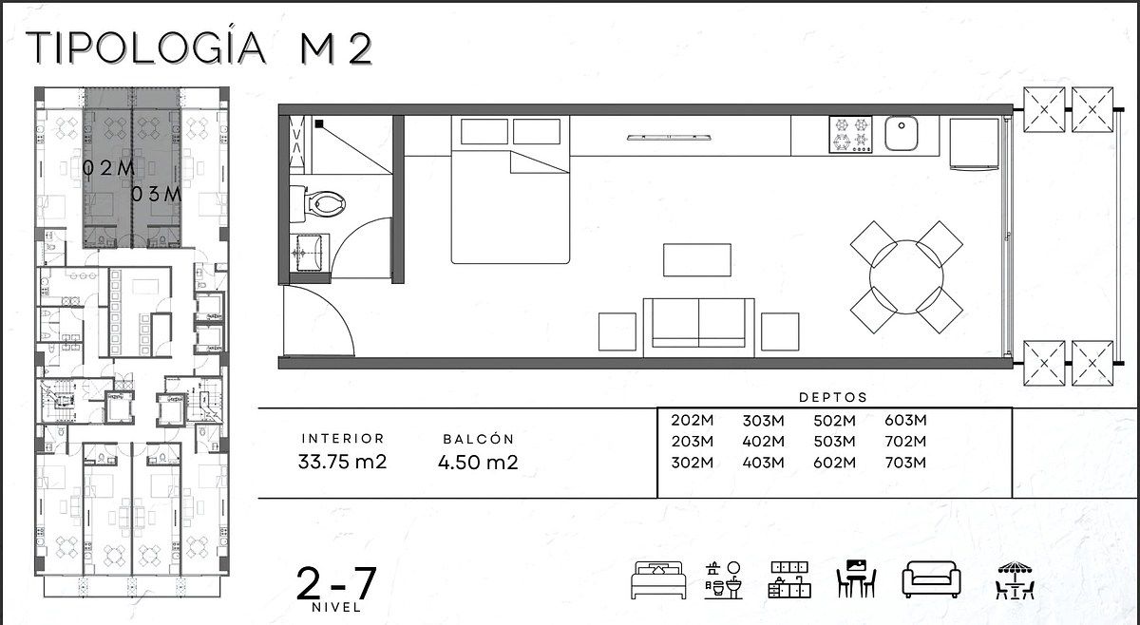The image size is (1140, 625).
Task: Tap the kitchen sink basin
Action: [901, 134]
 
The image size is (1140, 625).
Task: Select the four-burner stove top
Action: [850, 134]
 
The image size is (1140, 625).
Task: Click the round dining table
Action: [906, 277]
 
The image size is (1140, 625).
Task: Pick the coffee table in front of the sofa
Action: [697, 260]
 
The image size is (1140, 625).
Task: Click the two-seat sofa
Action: [699, 328]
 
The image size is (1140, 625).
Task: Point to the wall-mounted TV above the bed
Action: [669, 137]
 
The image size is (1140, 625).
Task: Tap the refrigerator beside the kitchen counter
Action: [974, 143]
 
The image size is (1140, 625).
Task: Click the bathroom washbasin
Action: [310, 253]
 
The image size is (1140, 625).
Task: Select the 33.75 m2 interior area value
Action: [343, 462]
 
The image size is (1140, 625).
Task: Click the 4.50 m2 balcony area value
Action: [478, 463]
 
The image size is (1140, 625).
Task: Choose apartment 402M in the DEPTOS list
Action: [763, 442]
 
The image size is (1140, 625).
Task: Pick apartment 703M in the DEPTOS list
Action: [905, 463]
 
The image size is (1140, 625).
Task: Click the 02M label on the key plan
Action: [108, 168]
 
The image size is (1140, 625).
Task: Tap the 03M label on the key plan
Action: [156, 194]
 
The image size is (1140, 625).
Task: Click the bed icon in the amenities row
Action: [658, 580]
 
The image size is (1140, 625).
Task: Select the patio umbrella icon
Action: [1016, 580]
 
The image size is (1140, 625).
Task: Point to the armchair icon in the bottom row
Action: [931, 579]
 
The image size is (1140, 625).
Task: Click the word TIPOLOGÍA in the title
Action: [146, 47]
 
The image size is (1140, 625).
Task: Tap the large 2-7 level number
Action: [336, 583]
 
